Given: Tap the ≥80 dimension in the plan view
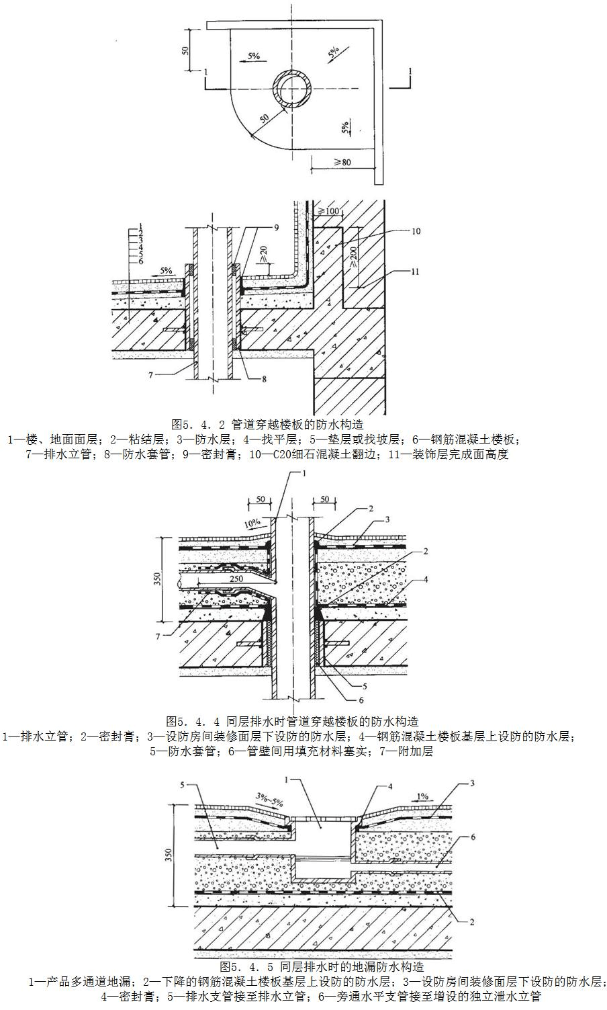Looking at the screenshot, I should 342,162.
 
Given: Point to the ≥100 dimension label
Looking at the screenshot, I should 329,212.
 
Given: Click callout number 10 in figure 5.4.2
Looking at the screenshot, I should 416,231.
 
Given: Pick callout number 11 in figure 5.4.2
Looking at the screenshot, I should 416,272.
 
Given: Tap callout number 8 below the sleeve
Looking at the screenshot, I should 264,379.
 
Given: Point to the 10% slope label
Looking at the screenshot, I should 252,522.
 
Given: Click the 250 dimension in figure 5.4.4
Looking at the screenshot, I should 235,577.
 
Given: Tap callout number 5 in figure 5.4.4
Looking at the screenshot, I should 365,687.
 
